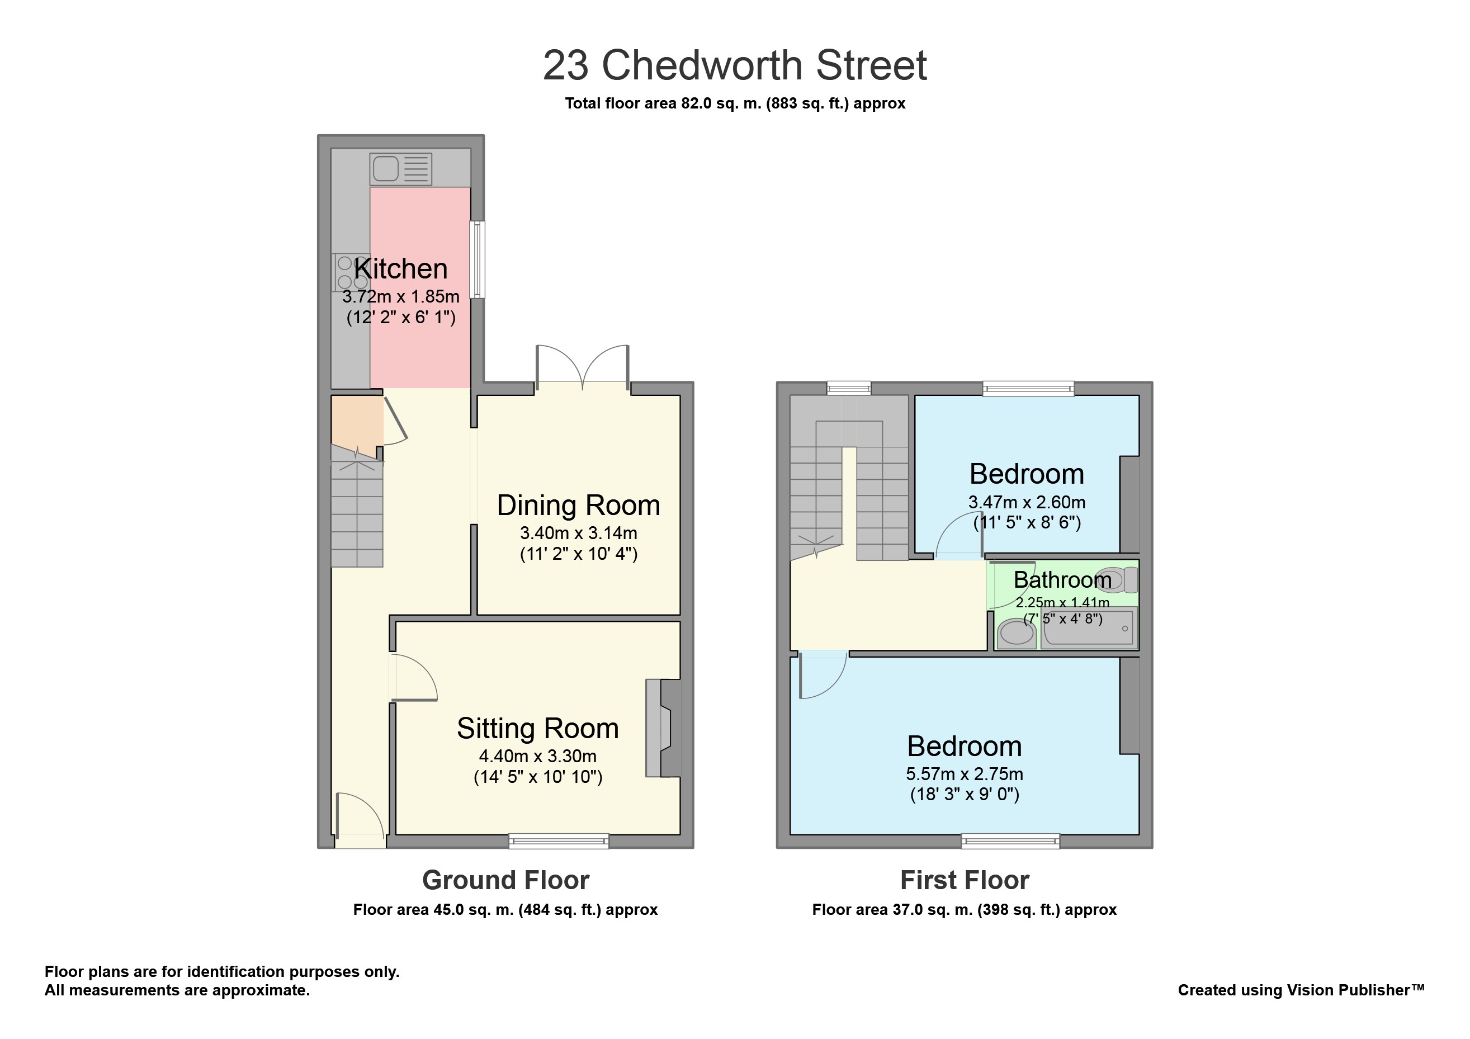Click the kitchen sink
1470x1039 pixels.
click(401, 169)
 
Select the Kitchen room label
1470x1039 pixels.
click(401, 269)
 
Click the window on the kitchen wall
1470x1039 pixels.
click(477, 259)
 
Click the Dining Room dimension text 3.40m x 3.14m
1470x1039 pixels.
click(578, 532)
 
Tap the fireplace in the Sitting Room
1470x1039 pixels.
click(663, 728)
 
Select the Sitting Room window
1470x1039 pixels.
click(559, 841)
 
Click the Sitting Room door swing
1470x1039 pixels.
click(414, 677)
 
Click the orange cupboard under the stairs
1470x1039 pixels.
click(357, 426)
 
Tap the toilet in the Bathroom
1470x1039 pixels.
click(1117, 580)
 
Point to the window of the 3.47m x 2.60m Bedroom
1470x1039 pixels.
click(1028, 389)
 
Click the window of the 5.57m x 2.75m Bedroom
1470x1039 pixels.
click(1010, 841)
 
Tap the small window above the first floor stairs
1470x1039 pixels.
click(849, 388)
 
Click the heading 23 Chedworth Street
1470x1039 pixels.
click(735, 65)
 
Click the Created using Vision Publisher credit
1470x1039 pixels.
click(1301, 990)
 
